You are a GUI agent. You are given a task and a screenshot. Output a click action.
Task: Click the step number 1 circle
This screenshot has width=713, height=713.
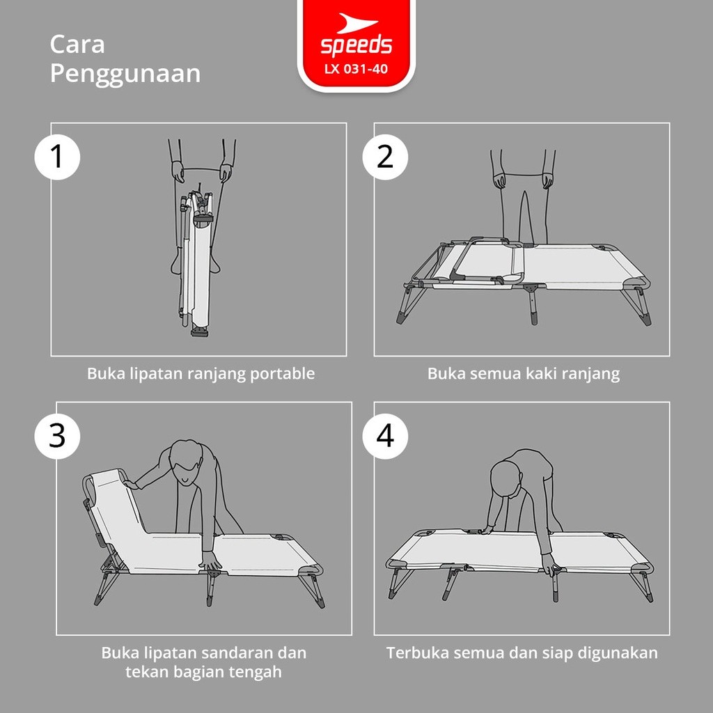[x=57, y=157]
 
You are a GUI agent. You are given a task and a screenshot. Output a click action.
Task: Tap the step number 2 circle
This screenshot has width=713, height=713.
[x=385, y=157]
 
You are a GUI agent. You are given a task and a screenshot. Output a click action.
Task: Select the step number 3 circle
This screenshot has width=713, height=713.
[x=57, y=436]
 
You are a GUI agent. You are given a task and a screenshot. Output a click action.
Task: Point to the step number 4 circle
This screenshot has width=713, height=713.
[x=385, y=436]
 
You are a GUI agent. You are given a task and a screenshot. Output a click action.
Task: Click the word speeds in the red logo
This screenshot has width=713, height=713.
[x=356, y=45]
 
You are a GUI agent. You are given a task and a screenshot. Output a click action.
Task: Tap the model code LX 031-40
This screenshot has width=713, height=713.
[x=356, y=69]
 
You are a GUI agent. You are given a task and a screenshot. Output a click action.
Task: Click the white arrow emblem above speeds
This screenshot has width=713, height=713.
[x=356, y=24]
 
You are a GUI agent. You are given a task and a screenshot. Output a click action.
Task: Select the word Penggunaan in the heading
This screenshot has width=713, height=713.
[x=125, y=75]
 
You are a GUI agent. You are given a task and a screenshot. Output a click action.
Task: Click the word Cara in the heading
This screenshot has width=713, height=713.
[x=77, y=45]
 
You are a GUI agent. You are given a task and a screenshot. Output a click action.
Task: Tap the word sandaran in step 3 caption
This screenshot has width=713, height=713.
[x=237, y=653]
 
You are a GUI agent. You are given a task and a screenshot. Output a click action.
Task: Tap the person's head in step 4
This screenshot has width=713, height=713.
[x=506, y=480]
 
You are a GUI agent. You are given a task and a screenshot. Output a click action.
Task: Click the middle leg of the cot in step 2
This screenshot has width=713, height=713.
[x=533, y=305]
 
